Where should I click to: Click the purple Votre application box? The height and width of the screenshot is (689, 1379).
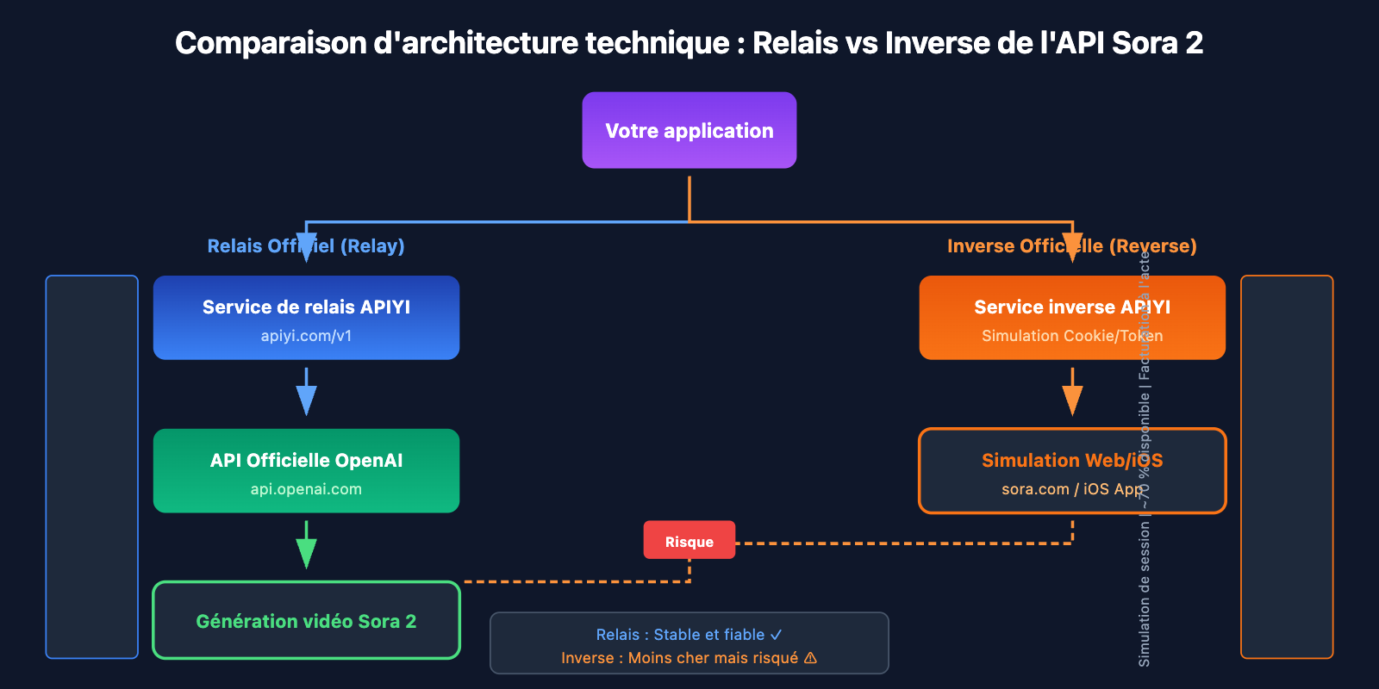coord(689,130)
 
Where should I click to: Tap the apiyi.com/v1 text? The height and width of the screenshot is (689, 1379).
coord(306,336)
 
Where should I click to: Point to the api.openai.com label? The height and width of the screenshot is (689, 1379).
coord(306,489)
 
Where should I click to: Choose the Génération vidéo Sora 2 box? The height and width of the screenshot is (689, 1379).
coord(306,621)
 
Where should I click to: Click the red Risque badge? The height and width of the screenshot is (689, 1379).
coord(689,541)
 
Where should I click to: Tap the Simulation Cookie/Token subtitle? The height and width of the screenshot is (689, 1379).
coord(1071,336)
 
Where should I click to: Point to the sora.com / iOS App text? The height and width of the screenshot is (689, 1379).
coord(1071,489)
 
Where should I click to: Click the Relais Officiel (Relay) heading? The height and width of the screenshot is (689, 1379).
coord(306,246)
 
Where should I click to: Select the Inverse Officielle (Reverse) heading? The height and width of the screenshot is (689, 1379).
coord(1071,246)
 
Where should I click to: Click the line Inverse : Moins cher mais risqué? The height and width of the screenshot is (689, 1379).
coord(681,658)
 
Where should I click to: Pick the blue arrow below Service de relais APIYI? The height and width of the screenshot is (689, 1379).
coord(306,394)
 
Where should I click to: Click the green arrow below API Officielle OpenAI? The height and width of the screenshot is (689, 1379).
coord(306,546)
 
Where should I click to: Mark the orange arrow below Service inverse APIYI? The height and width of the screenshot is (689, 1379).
coord(1071,394)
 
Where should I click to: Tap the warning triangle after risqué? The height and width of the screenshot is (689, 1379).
coord(810,658)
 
